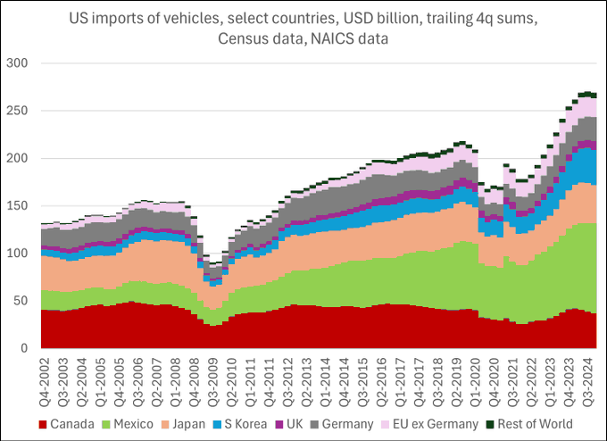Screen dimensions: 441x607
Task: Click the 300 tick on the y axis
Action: pos(18,63)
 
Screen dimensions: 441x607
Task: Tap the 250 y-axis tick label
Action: pos(18,111)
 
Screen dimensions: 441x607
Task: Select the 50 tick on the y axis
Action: pos(21,301)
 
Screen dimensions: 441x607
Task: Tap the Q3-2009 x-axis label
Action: pos(212,379)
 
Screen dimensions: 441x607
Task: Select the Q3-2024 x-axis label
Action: pos(589,379)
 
